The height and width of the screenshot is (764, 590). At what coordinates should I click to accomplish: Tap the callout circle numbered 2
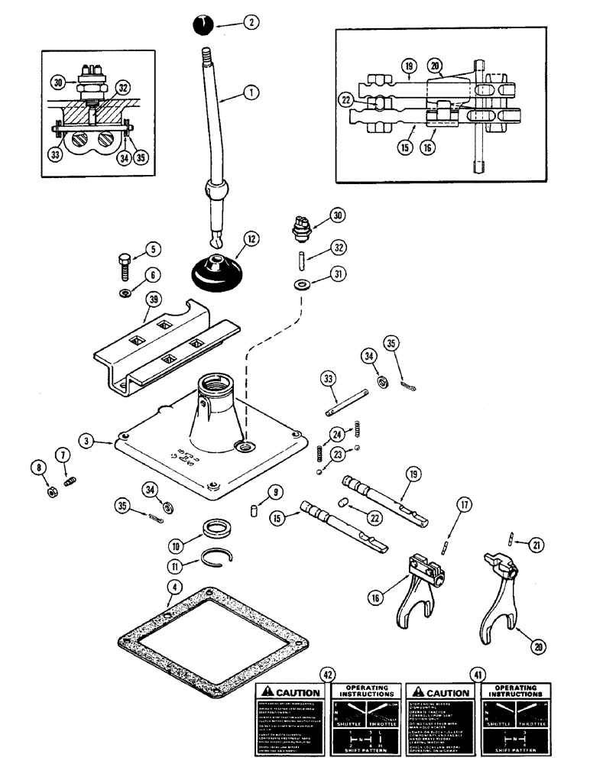tap(249, 23)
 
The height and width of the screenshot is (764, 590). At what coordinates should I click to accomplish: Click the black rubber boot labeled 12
tap(217, 273)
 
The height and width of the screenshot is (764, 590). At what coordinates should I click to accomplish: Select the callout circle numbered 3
tap(90, 442)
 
